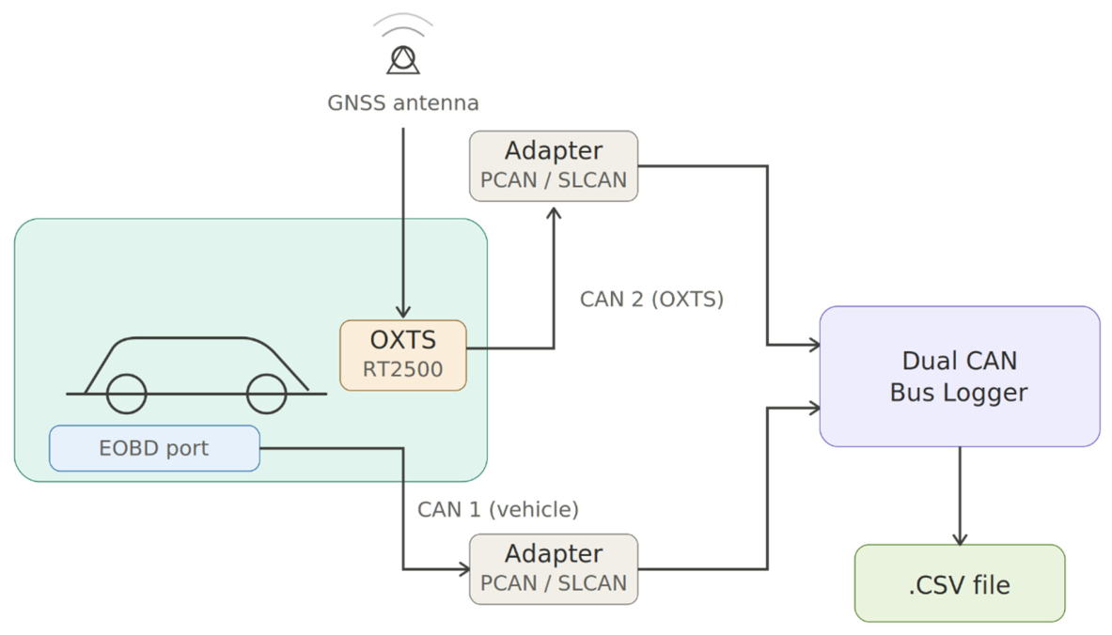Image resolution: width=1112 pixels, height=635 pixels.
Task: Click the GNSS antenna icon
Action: (403, 59)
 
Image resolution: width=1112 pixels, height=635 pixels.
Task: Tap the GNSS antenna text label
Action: (403, 103)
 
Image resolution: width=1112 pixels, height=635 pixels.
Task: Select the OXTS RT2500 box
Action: (403, 355)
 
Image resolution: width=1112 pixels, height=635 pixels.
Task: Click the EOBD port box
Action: (154, 448)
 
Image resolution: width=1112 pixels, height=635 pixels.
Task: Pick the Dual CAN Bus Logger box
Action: (960, 377)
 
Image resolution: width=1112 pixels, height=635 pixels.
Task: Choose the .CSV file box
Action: (960, 583)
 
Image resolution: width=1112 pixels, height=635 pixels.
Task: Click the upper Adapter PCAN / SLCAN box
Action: (553, 166)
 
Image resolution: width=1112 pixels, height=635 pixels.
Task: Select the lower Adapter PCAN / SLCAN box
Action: (553, 569)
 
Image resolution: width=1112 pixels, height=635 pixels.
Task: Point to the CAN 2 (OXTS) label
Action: (651, 299)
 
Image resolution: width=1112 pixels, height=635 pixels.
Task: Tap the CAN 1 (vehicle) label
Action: (498, 509)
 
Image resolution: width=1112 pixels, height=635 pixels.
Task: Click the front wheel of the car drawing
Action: (267, 394)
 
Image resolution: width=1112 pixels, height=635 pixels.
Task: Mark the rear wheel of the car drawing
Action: (126, 394)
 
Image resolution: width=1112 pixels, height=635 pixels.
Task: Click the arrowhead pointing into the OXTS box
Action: (403, 312)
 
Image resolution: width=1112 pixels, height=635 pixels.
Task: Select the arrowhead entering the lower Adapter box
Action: (463, 569)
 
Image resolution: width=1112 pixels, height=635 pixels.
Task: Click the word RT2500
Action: (403, 369)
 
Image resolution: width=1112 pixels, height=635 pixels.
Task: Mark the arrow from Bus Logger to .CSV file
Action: (960, 495)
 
